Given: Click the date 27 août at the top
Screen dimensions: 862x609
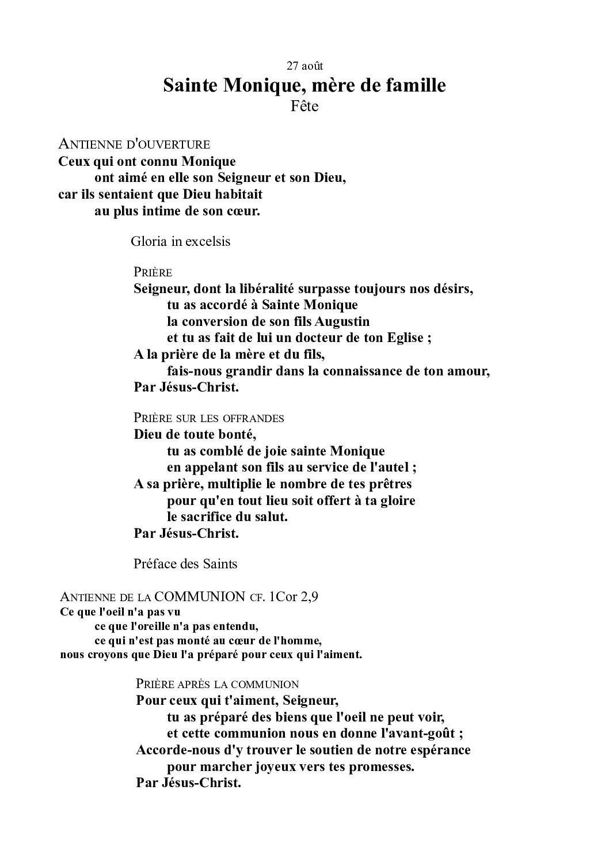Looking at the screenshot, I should (304, 66).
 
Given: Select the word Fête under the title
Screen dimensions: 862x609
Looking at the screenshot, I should (304, 107).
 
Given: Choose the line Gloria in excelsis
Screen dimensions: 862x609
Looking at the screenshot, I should (180, 241).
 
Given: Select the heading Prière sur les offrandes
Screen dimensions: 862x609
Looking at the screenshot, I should (208, 417).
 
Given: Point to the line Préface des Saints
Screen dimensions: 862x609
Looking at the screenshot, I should (185, 564).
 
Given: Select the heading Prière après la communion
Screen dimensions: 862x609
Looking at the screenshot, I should (217, 685).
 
